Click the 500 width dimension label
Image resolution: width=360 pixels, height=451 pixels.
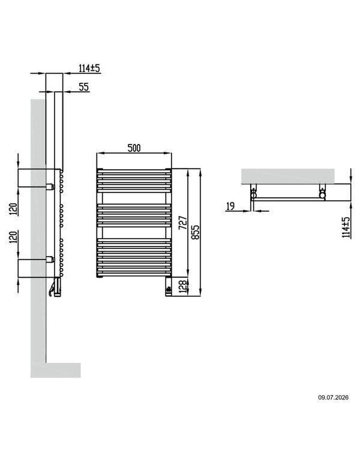(134, 148)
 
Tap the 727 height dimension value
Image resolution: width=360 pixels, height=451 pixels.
(183, 223)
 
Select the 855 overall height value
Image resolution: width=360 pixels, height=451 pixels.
(195, 232)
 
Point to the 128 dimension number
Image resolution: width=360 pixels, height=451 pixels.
(183, 286)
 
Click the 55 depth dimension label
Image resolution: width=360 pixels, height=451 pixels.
(84, 86)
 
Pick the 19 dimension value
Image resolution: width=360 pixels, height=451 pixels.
(230, 206)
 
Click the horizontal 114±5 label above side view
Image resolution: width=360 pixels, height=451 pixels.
(89, 68)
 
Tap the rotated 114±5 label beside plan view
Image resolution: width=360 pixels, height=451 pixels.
(346, 227)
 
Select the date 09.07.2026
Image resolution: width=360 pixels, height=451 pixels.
(333, 398)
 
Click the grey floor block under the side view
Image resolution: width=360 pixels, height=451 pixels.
(56, 370)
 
